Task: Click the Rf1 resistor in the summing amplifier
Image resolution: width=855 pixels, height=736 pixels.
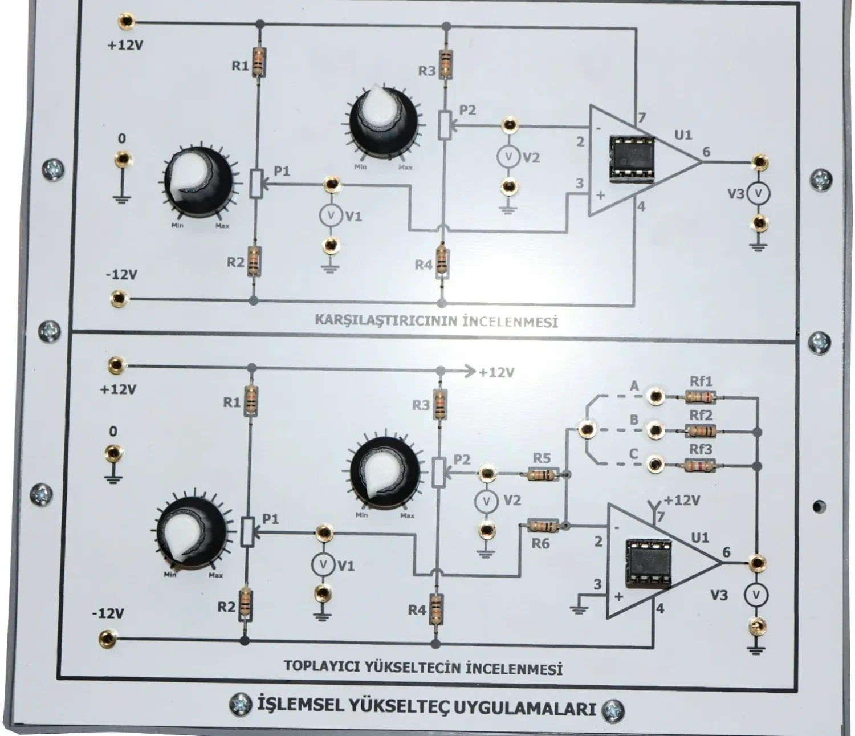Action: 699,396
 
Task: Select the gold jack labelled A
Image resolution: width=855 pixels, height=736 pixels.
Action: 656,396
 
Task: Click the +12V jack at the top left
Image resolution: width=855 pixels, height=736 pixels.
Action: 125,22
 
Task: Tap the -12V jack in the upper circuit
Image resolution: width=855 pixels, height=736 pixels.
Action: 119,297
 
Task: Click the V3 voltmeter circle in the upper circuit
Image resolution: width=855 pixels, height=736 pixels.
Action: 759,194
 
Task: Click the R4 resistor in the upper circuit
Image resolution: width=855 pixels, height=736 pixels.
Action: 441,262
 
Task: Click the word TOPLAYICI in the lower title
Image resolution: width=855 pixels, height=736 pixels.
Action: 314,665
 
